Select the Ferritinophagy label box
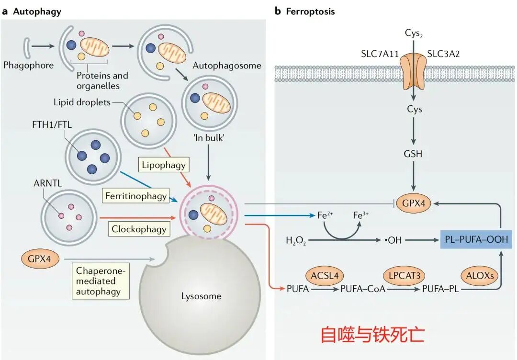(135, 195)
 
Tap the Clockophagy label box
(139, 229)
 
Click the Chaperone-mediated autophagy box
(101, 281)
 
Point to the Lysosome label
(201, 296)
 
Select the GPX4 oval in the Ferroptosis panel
(416, 203)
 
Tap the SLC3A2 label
(443, 54)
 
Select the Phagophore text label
(28, 65)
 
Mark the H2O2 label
(296, 240)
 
